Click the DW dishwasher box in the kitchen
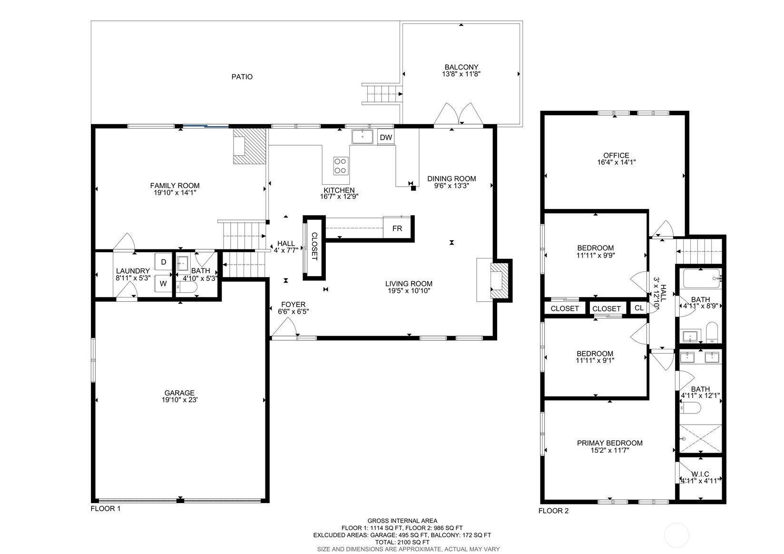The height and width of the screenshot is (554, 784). pyautogui.click(x=386, y=138)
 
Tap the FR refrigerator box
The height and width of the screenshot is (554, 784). pyautogui.click(x=397, y=228)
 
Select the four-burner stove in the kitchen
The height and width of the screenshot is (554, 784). pyautogui.click(x=340, y=166)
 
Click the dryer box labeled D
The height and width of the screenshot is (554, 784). pyautogui.click(x=164, y=262)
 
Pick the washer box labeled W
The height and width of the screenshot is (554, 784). pyautogui.click(x=163, y=283)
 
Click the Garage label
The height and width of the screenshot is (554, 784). pyautogui.click(x=179, y=393)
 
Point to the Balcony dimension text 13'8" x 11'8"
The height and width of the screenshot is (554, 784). pyautogui.click(x=461, y=74)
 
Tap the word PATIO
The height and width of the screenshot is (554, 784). pyautogui.click(x=242, y=77)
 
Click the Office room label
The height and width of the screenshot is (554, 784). pyautogui.click(x=616, y=155)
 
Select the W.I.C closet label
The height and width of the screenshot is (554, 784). pyautogui.click(x=700, y=474)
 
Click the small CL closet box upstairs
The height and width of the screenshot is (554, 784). pyautogui.click(x=639, y=308)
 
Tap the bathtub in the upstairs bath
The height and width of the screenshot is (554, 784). pyautogui.click(x=701, y=278)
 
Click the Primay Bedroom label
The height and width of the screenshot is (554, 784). pyautogui.click(x=609, y=443)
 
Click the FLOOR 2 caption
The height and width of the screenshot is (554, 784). pyautogui.click(x=553, y=511)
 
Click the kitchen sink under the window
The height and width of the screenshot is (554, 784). pyautogui.click(x=363, y=136)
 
